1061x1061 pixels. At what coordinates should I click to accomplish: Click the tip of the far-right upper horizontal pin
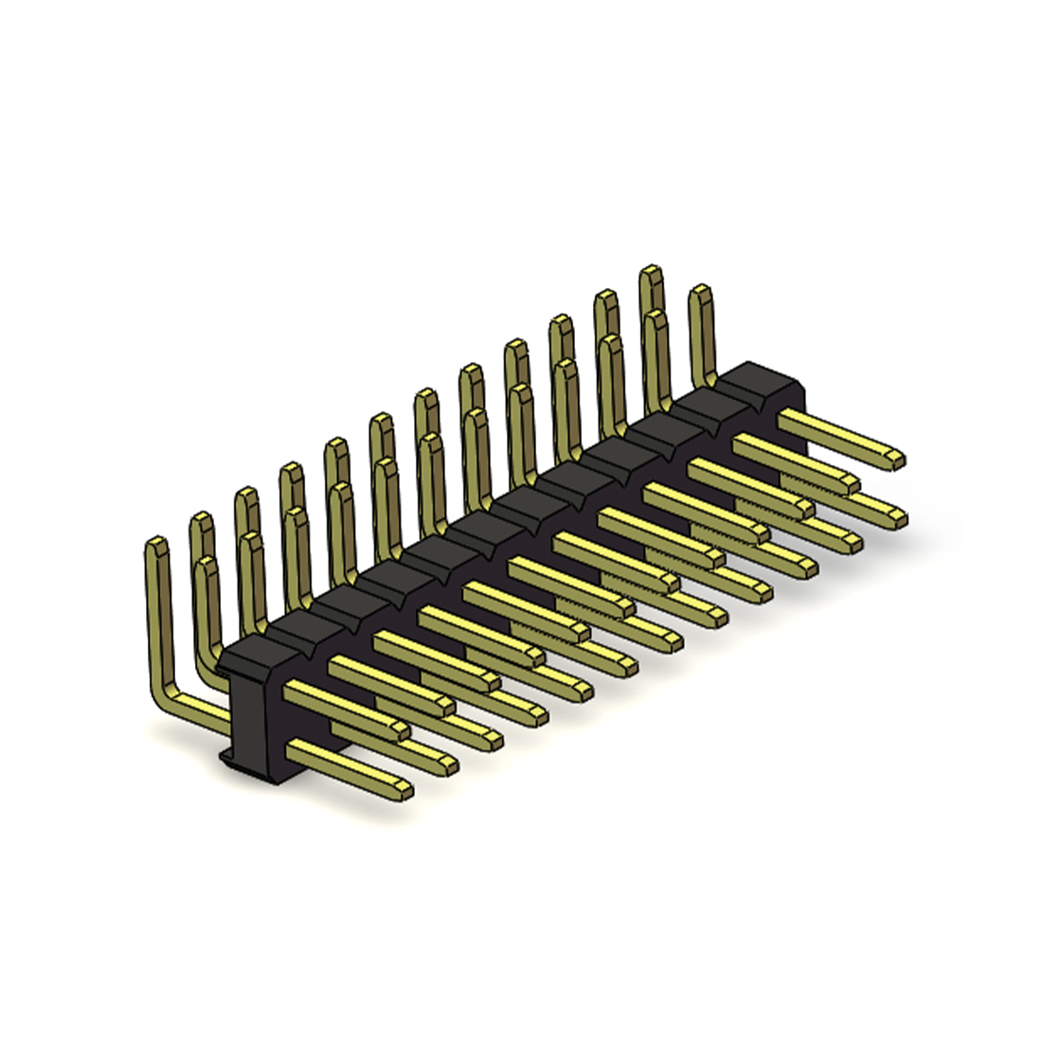[x=897, y=460]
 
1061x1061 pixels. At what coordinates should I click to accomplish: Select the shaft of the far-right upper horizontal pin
[x=834, y=435]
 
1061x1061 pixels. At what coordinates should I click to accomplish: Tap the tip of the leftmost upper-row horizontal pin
[x=402, y=730]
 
